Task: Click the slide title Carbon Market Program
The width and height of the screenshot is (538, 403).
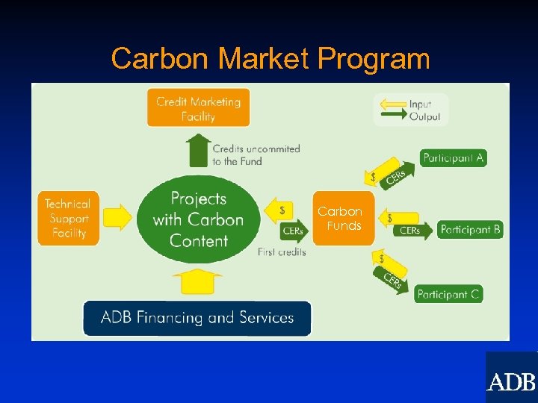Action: (270, 58)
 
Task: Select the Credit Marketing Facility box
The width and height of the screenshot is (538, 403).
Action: (198, 108)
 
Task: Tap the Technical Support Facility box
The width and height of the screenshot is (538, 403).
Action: (67, 218)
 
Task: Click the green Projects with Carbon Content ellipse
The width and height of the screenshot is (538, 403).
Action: (199, 219)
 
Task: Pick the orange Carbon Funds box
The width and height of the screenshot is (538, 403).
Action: (343, 219)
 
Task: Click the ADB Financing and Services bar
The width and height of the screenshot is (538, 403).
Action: (197, 318)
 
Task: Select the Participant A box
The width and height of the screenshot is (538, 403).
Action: (453, 157)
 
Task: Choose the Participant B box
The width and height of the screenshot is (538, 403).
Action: (470, 229)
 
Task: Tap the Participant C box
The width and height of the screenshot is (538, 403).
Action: (448, 294)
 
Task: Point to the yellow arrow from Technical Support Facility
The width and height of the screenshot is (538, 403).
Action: (117, 218)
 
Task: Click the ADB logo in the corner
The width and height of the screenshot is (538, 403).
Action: (511, 381)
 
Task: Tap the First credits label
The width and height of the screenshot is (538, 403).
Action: (282, 252)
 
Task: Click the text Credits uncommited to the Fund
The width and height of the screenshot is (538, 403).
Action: (256, 154)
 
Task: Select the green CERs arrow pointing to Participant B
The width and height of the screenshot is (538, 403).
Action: (413, 231)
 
